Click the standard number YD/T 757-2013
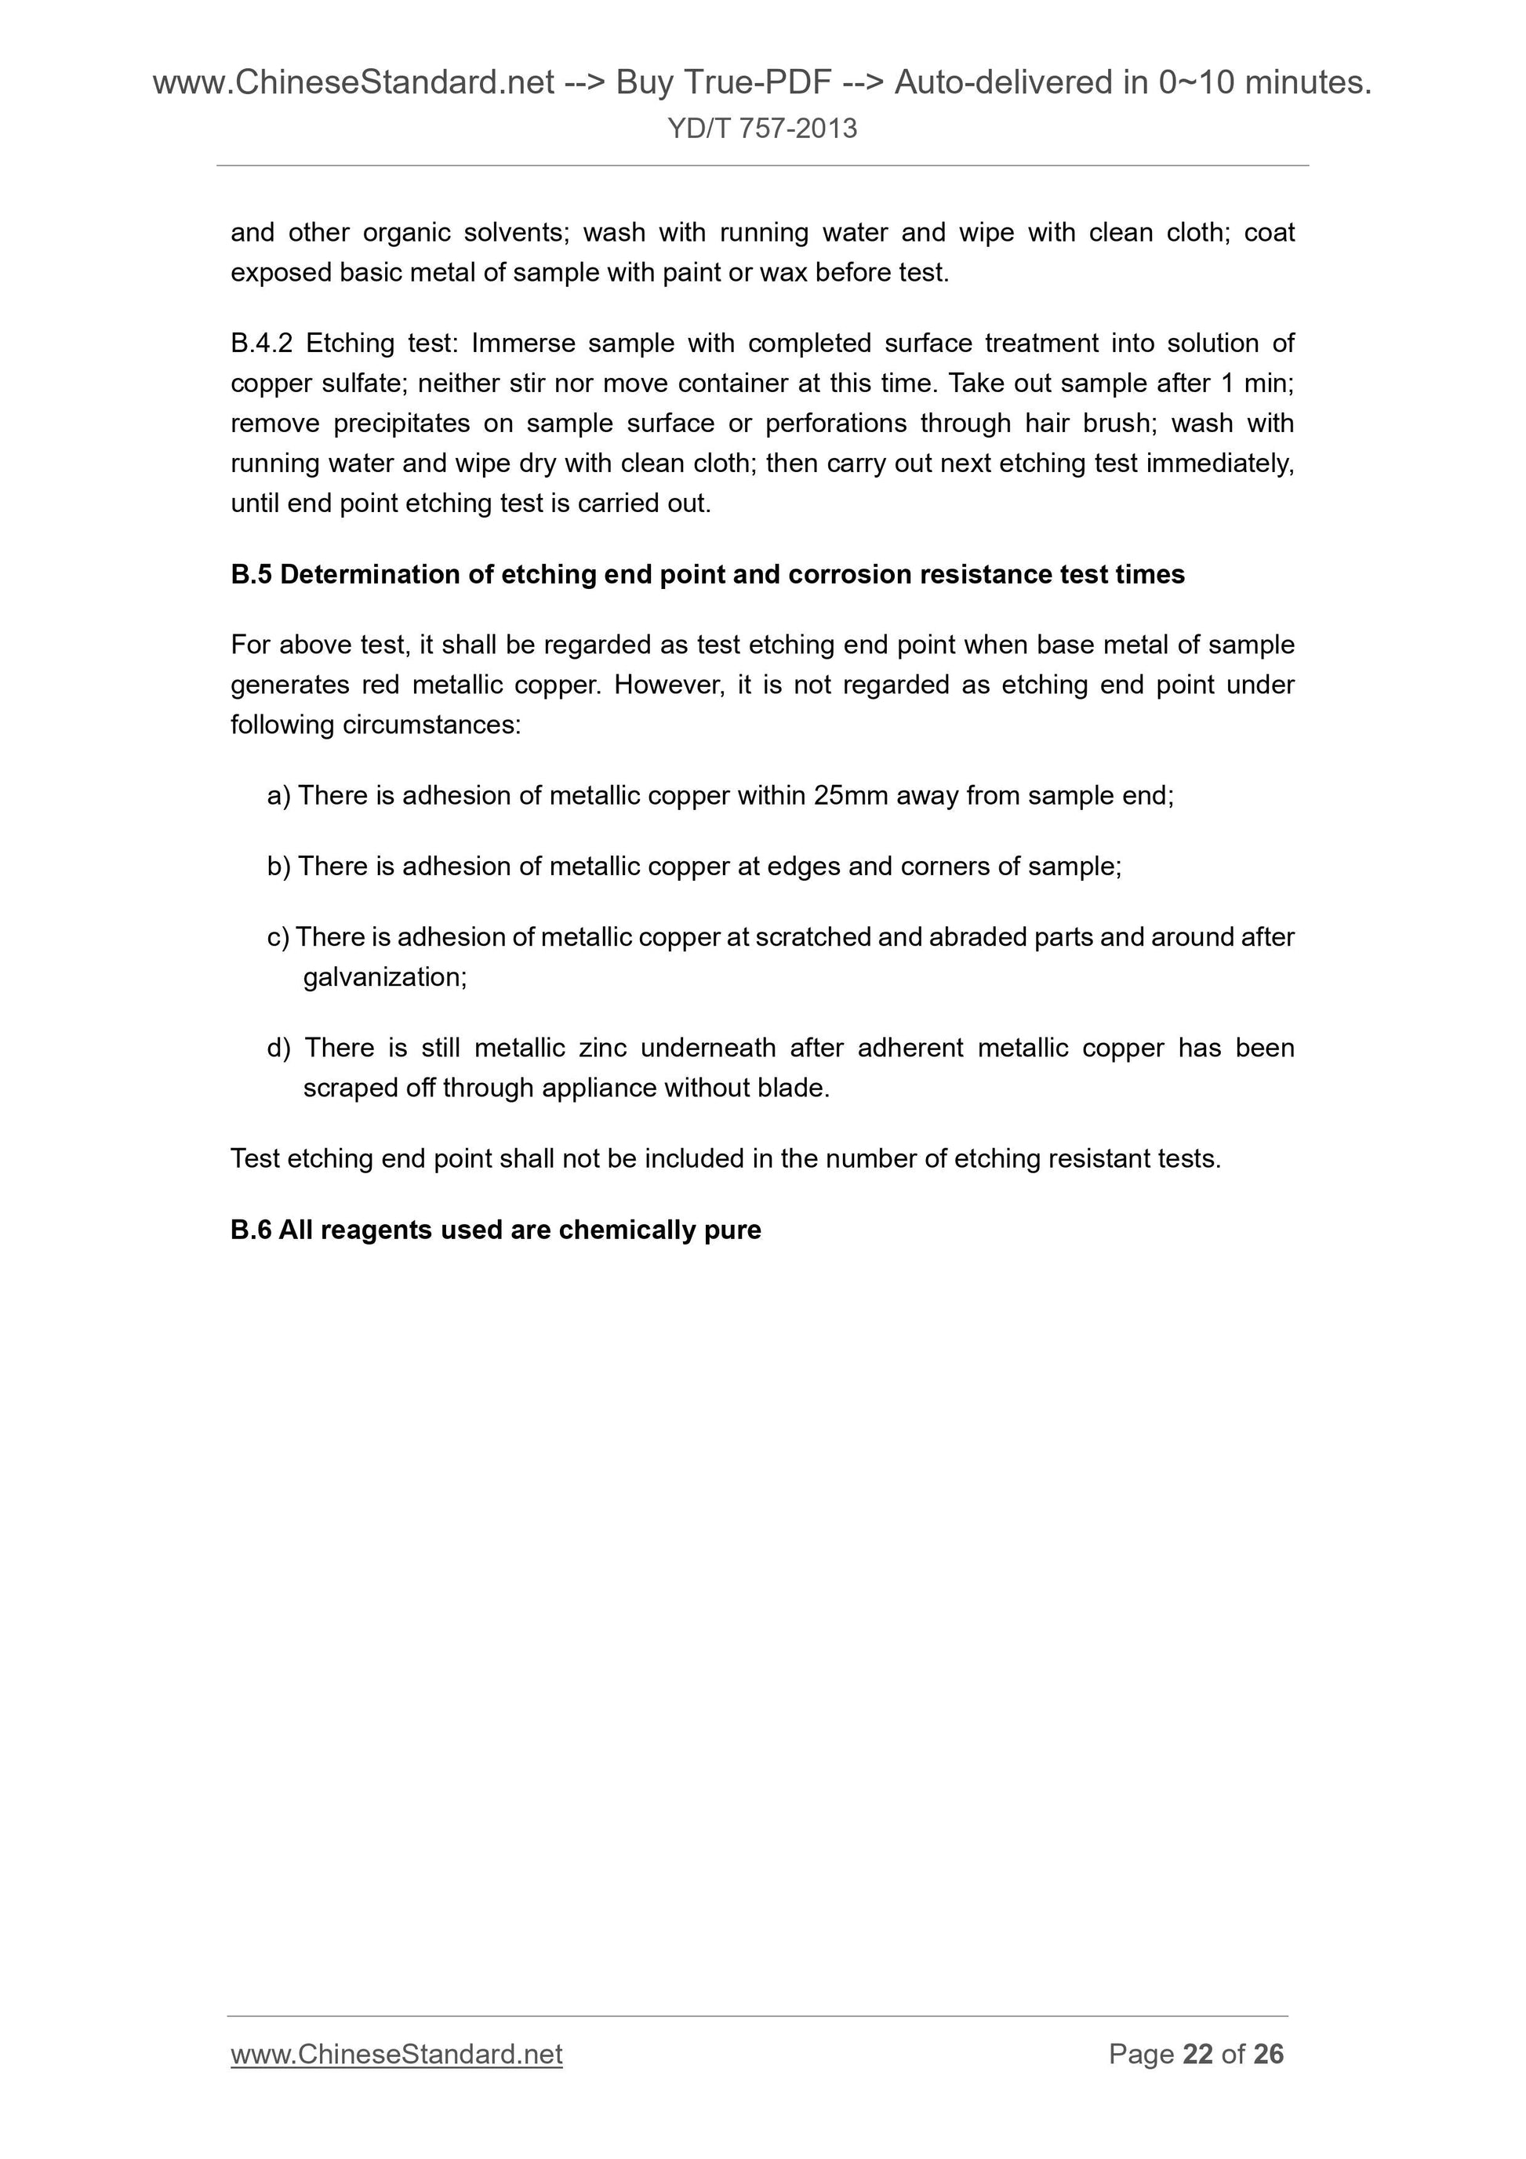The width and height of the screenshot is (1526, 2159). click(x=762, y=128)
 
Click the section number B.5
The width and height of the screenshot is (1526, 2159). click(x=251, y=575)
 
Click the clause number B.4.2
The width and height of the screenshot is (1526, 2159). click(x=261, y=343)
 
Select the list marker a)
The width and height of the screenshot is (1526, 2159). click(x=279, y=797)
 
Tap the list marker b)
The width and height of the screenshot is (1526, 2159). click(x=279, y=866)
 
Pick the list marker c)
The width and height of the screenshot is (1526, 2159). click(x=278, y=937)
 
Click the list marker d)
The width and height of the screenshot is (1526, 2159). click(x=279, y=1048)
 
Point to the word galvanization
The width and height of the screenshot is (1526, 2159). click(x=384, y=978)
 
